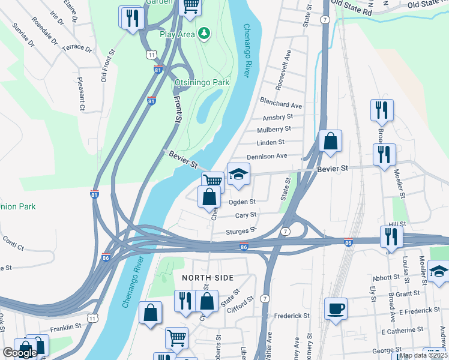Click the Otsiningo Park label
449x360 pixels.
point(202,82)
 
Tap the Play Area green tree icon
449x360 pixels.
point(204,34)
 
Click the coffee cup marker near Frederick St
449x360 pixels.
point(336,309)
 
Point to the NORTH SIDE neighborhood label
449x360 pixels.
point(208,278)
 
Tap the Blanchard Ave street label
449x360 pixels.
point(280,105)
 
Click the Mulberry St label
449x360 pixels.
point(274,129)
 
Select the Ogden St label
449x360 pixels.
point(243,202)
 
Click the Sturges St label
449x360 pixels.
point(241,230)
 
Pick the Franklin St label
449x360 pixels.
point(65,327)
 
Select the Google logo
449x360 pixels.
point(20,353)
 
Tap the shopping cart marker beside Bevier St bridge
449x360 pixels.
point(212,180)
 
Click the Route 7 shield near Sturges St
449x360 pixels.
point(286,231)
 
